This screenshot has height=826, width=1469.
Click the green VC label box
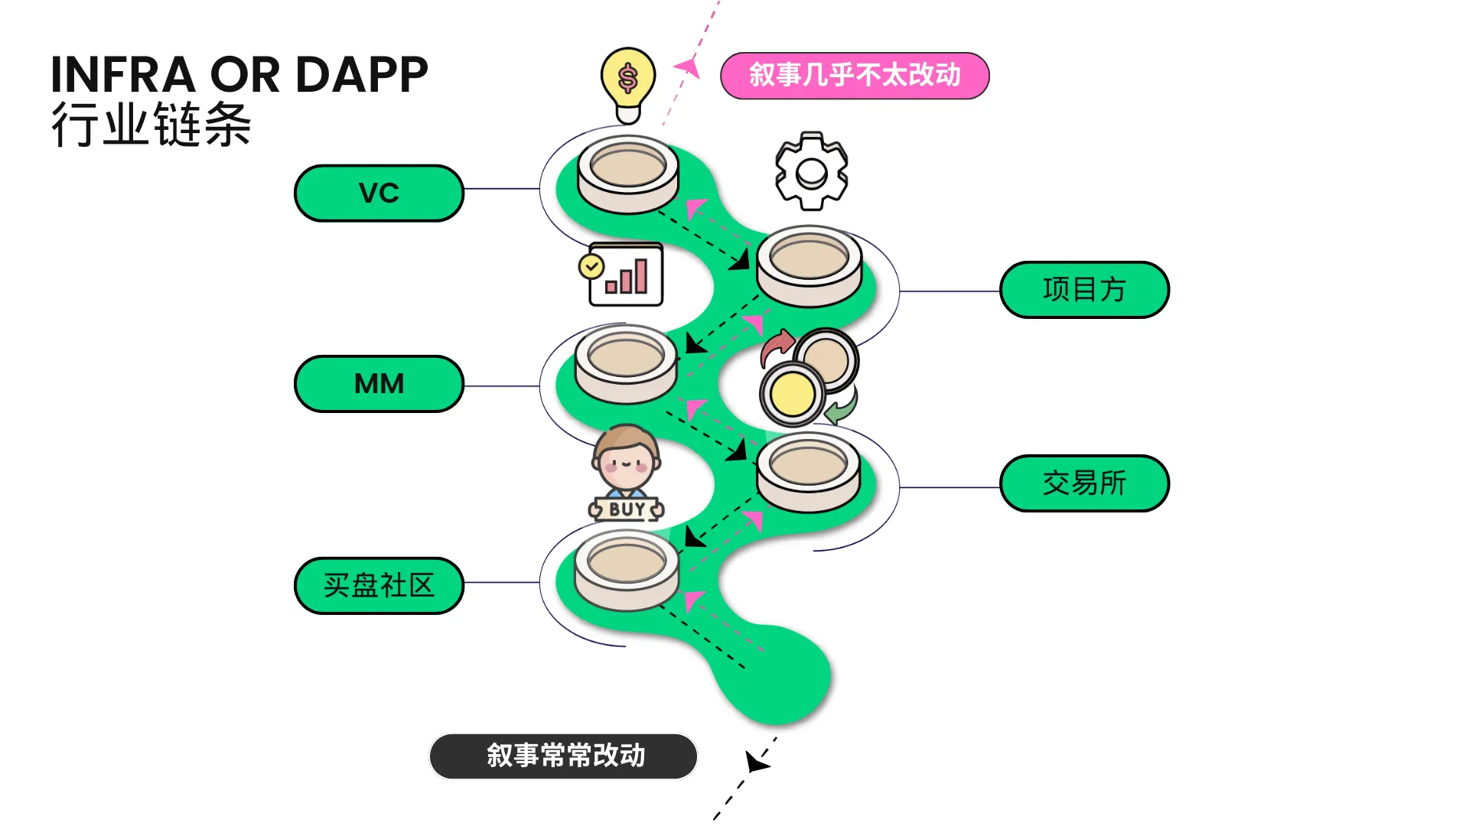379,193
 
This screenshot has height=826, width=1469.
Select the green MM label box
379,384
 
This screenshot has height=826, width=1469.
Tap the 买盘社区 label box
379,586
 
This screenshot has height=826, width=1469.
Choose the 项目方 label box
1084,290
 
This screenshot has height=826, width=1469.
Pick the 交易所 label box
1084,483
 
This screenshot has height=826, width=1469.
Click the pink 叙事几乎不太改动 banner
855,76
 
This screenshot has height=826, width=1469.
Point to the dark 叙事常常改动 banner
564,756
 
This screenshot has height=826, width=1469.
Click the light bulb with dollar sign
628,85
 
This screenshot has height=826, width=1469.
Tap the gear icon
811,171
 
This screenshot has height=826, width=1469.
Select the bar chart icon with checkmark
621,275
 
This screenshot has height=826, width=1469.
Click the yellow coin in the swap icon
793,395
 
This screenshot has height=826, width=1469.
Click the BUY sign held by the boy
627,509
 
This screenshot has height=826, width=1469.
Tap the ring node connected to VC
628,174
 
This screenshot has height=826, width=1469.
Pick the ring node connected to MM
627,363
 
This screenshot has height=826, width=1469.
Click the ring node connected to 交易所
809,471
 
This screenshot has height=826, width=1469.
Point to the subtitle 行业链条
151,124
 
